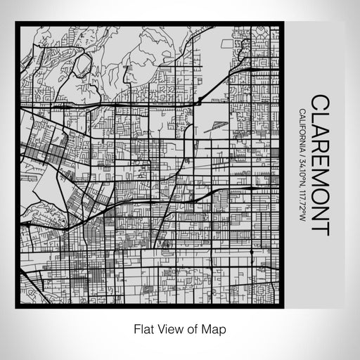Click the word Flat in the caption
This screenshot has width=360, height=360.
143,329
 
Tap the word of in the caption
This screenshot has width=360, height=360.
191,329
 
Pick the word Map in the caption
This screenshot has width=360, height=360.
212,329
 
